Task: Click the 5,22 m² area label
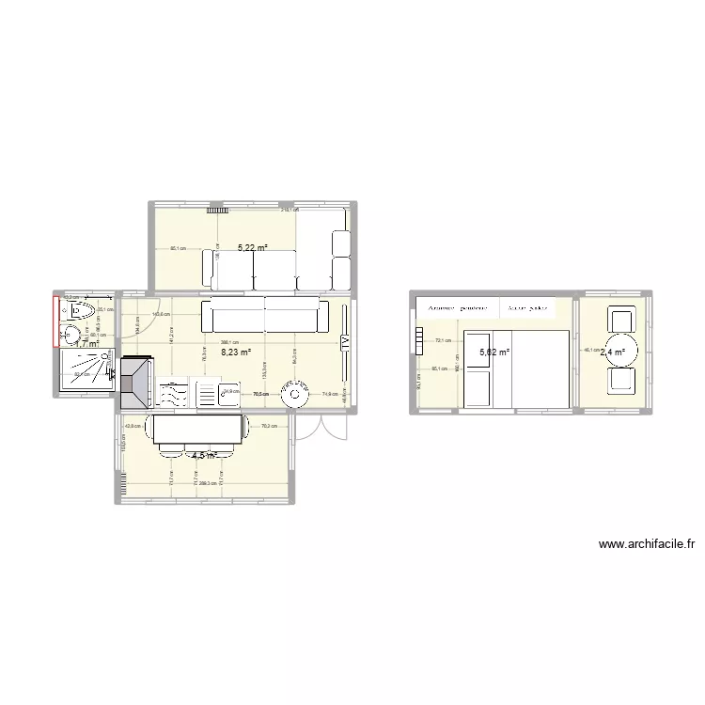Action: [252, 249]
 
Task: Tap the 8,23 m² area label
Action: [235, 352]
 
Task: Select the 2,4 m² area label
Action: [613, 352]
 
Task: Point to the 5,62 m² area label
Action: [494, 352]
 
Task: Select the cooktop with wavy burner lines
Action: [173, 394]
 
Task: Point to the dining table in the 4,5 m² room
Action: [197, 432]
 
